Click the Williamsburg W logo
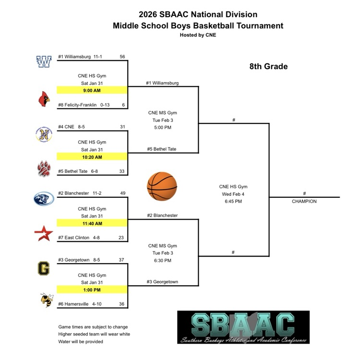click(44, 62)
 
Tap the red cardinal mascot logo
click(44, 99)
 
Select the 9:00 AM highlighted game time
click(91, 90)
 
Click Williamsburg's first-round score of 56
click(122, 57)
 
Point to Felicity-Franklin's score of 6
click(123, 105)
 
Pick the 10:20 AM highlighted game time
click(91, 157)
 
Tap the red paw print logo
click(44, 168)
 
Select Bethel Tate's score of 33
click(122, 171)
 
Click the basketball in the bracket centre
click(162, 186)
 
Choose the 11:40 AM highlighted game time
click(91, 223)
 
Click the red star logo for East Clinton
click(44, 234)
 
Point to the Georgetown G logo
click(44, 268)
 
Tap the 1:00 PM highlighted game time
click(91, 290)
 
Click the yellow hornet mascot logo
click(46, 300)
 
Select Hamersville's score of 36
click(122, 304)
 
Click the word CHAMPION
click(304, 202)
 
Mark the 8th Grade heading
click(268, 67)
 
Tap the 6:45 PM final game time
click(233, 202)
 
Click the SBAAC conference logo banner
click(243, 327)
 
